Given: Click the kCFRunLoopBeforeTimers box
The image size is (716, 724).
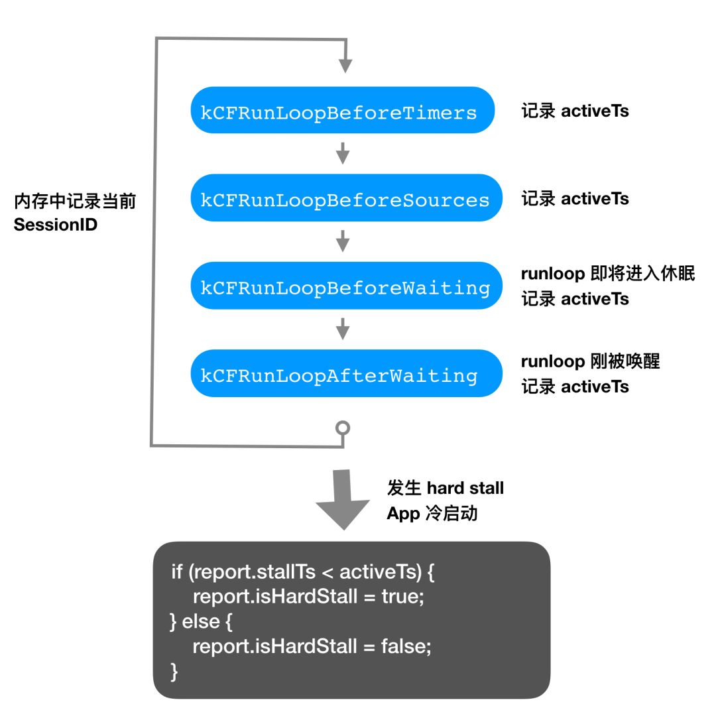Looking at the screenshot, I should [342, 111].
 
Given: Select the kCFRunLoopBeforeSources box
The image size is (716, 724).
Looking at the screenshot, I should [342, 198].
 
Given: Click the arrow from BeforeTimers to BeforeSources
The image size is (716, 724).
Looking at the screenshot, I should [343, 153].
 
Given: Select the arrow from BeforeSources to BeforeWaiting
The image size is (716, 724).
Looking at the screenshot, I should [343, 241].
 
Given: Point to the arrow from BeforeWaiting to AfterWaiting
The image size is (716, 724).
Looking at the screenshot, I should [343, 328].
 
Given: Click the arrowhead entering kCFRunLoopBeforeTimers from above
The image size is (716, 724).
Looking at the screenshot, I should [345, 65].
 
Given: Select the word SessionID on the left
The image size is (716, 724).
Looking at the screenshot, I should [56, 225].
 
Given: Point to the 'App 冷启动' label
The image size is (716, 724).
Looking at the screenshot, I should [432, 513].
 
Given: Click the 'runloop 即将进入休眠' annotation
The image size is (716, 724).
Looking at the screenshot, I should [607, 273].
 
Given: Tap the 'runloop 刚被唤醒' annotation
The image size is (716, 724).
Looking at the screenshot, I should [590, 361].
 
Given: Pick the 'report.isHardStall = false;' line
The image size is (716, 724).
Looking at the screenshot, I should [312, 646].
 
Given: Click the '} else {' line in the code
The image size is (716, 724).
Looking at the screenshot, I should [202, 621].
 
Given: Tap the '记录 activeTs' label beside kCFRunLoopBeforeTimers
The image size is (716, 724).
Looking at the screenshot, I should [575, 111].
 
